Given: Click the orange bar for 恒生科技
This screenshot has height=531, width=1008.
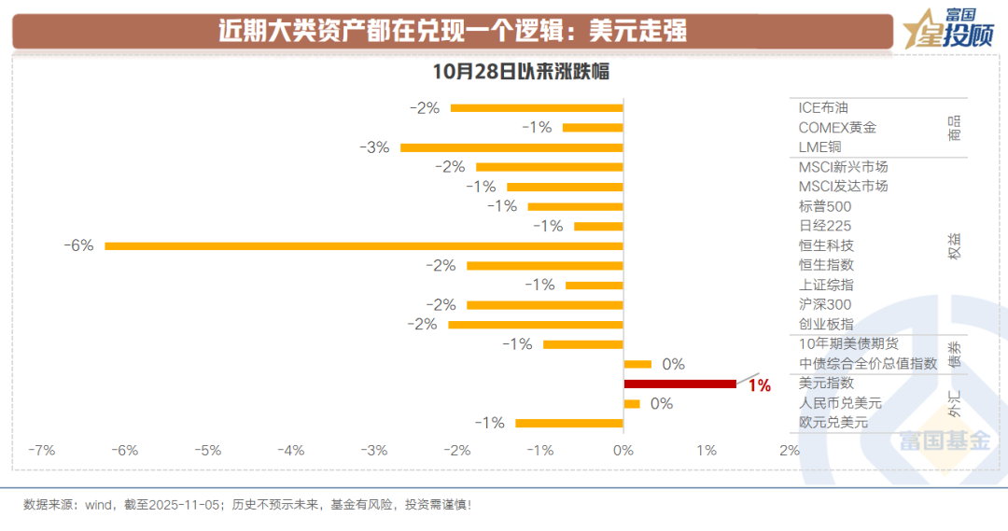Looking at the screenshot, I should click(364, 246).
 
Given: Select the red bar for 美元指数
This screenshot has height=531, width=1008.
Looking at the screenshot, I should click(679, 384).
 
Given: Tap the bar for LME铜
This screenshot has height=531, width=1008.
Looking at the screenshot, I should click(511, 147).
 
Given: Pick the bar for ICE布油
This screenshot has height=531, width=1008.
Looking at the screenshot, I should click(537, 108).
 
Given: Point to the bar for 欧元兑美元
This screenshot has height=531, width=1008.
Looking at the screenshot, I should click(569, 423).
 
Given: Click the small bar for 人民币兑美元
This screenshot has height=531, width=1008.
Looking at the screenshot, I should click(632, 404).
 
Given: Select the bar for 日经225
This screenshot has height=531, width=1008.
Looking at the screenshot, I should click(598, 227).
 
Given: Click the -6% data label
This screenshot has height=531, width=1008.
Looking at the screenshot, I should click(78, 245).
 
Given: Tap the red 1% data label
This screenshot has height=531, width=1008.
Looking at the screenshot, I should click(759, 384).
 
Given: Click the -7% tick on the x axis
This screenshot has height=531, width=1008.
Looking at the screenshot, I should click(41, 450).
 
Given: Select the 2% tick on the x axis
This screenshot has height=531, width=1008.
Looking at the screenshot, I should click(790, 450).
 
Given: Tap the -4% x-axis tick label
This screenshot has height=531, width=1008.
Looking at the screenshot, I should click(291, 450).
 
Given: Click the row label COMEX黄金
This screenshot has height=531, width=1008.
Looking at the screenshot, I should click(837, 128).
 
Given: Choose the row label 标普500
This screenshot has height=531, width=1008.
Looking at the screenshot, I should click(825, 206).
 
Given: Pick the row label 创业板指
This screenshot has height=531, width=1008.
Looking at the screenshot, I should click(826, 324).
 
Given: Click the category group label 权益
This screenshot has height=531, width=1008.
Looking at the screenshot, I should click(954, 246).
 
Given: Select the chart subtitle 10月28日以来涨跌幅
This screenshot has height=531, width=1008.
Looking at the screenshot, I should click(520, 72).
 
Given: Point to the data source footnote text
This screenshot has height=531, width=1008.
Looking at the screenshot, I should click(247, 505).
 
